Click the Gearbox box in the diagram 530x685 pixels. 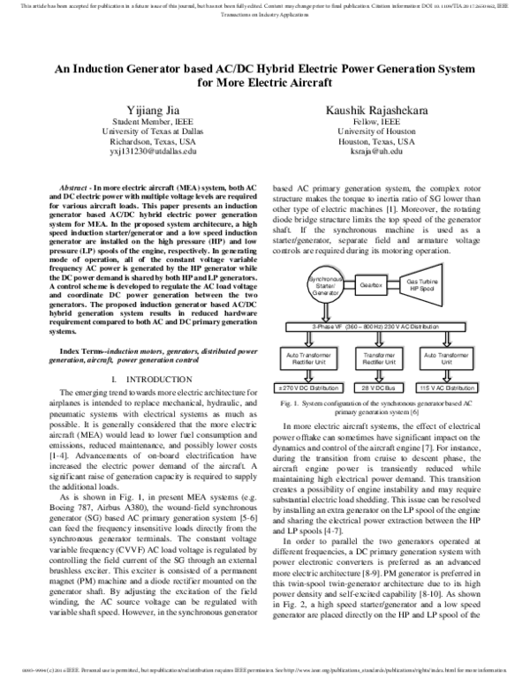372,287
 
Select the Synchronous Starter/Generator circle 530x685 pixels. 328,288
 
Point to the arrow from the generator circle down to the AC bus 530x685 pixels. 328,313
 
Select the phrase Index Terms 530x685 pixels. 78,351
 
